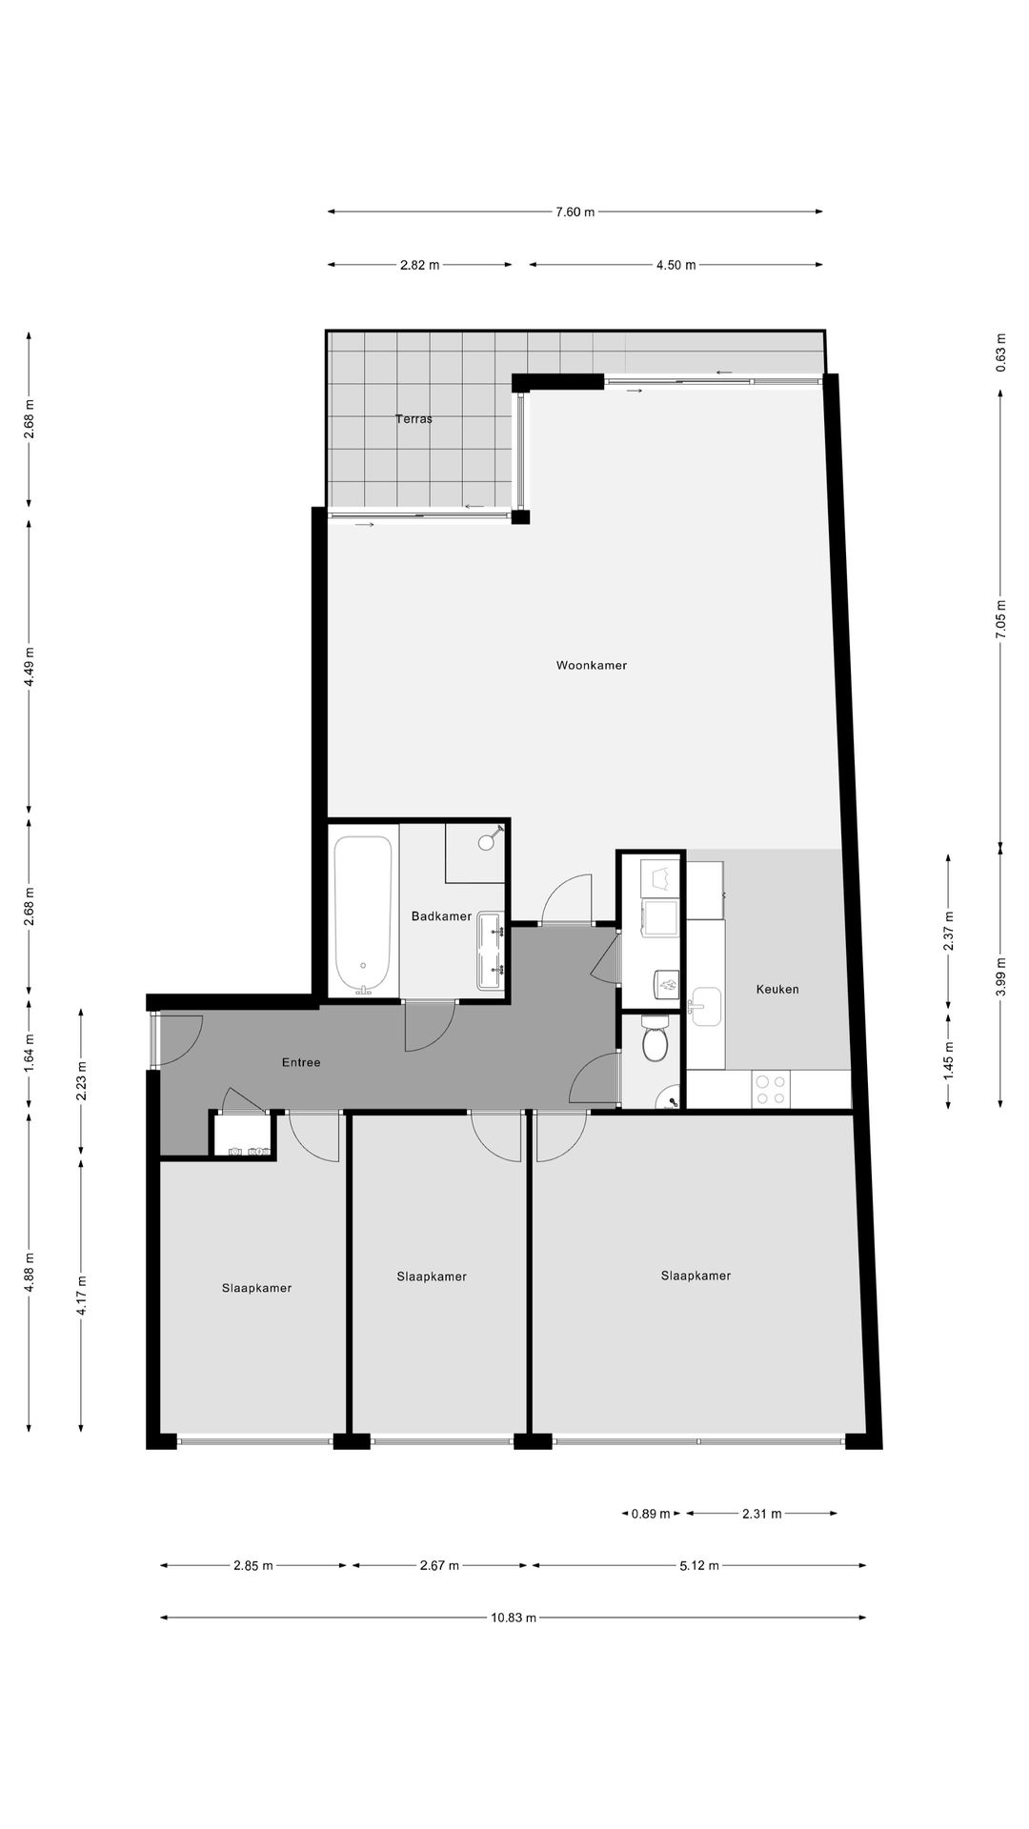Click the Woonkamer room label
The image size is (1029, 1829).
592,666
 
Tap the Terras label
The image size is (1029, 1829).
414,418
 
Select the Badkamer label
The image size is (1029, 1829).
441,916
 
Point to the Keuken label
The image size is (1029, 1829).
777,990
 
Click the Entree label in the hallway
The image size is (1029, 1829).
301,1062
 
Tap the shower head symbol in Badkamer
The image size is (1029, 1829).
487,841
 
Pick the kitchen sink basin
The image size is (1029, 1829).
706,1007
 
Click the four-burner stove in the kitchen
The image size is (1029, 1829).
770,1090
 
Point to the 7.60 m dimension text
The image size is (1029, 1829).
575,212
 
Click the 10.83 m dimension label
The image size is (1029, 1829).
514,1618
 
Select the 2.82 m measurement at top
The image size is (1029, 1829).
420,266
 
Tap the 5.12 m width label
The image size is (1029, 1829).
699,1566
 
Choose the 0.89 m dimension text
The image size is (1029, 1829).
651,1514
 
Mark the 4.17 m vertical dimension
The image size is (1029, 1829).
82,1296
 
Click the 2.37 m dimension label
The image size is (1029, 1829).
949,931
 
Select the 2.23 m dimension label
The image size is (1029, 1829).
82,1081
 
